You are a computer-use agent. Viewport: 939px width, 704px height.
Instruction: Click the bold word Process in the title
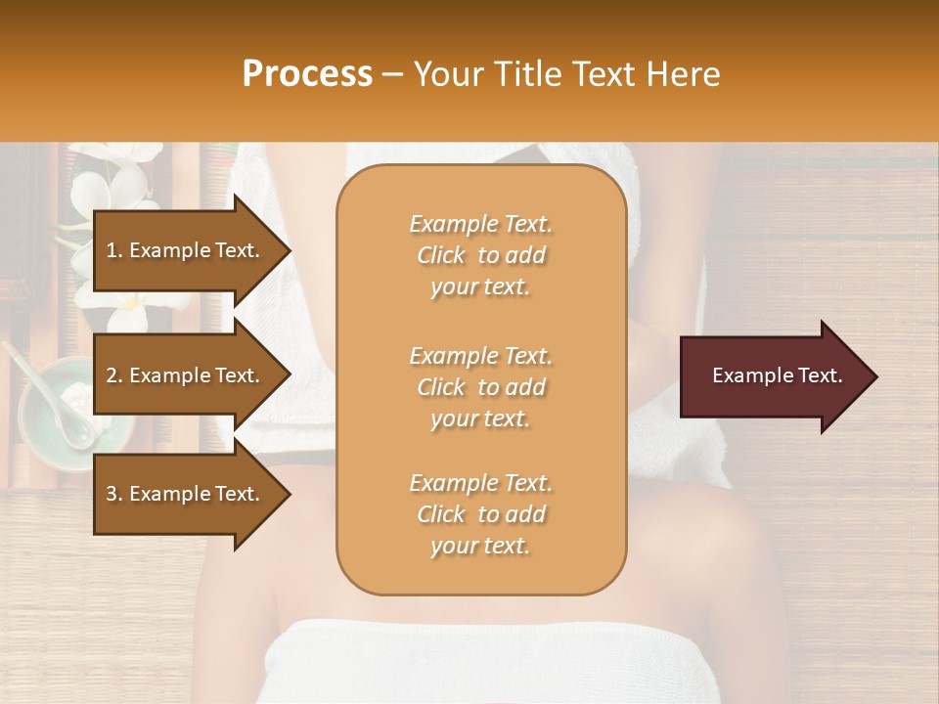point(307,74)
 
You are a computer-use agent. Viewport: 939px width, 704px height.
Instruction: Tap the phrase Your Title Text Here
point(567,74)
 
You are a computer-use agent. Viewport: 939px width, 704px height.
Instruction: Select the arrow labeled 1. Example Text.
point(186,250)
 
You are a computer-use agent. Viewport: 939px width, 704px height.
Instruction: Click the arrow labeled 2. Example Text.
point(186,375)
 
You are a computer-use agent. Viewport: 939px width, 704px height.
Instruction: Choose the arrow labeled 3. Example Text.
point(186,494)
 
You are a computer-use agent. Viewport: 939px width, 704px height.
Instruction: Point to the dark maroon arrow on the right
point(773,376)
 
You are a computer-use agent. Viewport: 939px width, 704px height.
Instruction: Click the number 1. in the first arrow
point(114,250)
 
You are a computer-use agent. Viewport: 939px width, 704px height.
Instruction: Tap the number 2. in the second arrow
point(114,375)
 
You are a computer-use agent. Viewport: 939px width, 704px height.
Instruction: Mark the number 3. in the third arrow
point(114,494)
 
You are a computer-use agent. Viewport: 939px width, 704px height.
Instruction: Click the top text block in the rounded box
point(480,255)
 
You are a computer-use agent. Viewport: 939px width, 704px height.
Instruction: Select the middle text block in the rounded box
point(480,387)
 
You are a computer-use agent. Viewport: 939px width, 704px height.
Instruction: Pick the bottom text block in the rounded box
point(480,514)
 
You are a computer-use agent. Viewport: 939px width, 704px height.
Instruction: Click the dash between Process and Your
point(392,75)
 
